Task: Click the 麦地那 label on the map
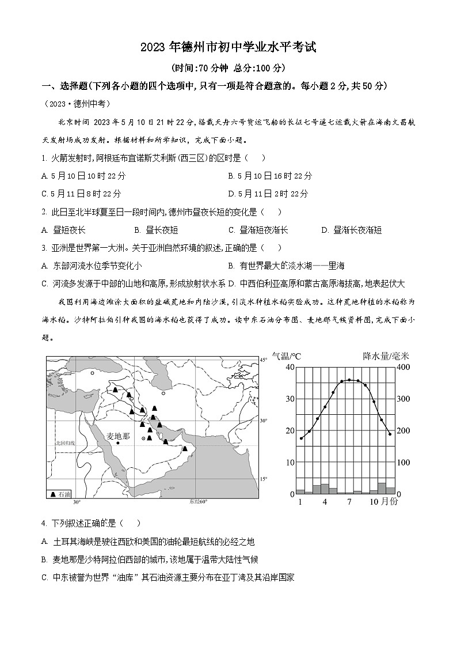coord(119,435)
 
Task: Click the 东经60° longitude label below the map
coord(198,502)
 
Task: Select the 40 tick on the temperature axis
coord(290,367)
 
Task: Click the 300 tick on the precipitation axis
coord(403,399)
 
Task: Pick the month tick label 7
coord(349,502)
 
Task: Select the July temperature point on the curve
coord(349,380)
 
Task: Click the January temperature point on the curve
coord(301,438)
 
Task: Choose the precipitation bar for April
coord(325,489)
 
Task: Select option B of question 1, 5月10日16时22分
coord(270,176)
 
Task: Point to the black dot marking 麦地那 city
coord(118,443)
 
